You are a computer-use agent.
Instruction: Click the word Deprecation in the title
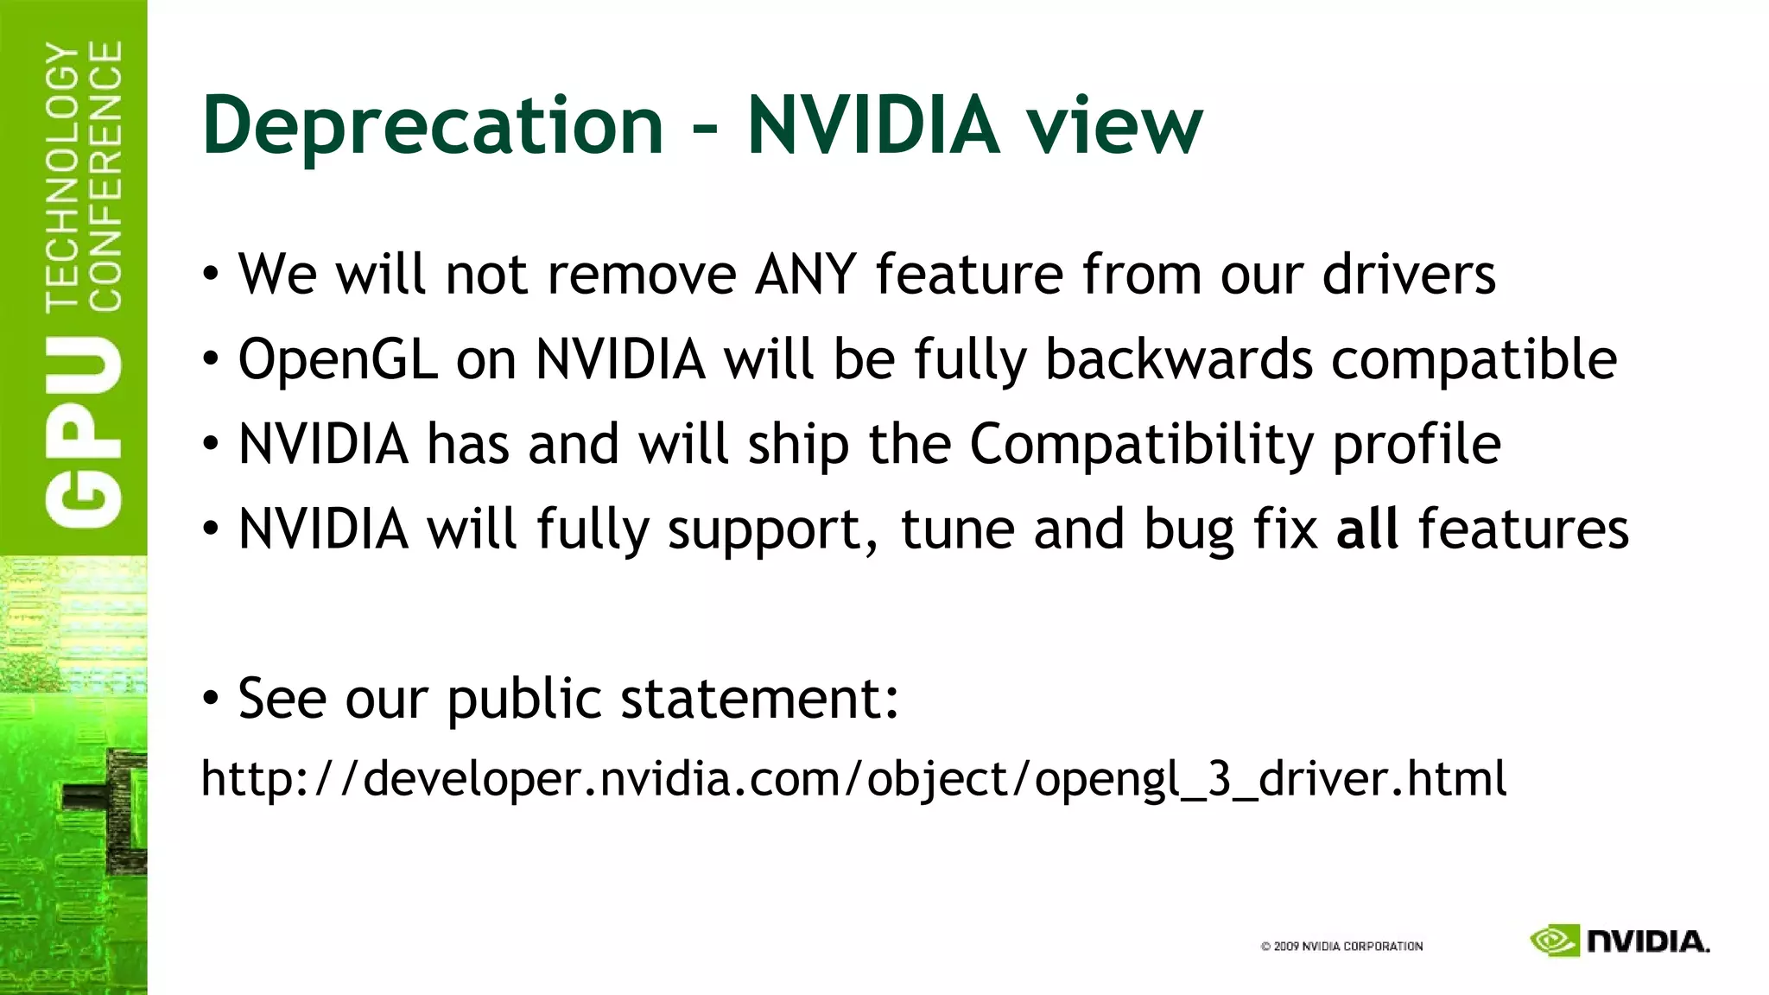click(432, 126)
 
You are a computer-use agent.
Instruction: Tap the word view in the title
click(1113, 126)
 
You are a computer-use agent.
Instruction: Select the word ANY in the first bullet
click(805, 275)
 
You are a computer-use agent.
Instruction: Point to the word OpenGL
click(337, 359)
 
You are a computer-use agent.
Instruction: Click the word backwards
click(1178, 359)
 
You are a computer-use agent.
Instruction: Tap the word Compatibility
click(1141, 445)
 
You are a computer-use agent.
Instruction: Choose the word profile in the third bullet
click(1417, 445)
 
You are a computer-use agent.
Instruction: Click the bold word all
click(1366, 529)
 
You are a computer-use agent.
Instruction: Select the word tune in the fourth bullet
click(957, 529)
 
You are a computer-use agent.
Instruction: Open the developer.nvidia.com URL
click(853, 779)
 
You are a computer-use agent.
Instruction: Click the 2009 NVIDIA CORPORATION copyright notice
click(1341, 946)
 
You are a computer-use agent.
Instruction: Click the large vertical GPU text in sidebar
click(85, 432)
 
